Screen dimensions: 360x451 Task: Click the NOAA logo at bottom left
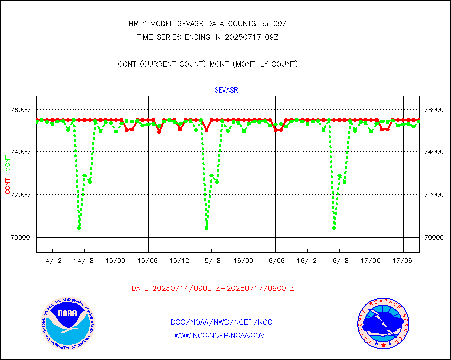coord(67,322)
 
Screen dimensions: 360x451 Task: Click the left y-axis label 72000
coord(22,195)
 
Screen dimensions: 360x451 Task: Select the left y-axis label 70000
coord(22,237)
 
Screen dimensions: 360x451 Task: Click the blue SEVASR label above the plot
coord(226,91)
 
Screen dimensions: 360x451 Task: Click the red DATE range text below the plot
coord(213,289)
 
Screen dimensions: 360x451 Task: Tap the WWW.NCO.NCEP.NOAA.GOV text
coord(219,335)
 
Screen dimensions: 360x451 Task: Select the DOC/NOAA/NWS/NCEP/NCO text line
coord(222,322)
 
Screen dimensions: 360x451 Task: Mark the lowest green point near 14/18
coord(79,228)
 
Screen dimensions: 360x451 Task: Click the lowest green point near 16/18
coord(334,228)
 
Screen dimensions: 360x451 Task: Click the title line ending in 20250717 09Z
coord(208,37)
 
